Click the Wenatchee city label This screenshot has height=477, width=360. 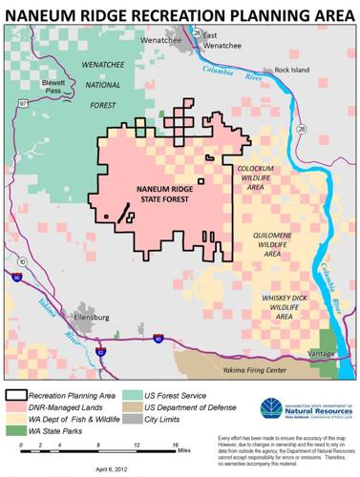tap(160, 41)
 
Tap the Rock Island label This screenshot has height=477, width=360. tap(293, 71)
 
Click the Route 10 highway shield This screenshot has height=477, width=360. tap(20, 259)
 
